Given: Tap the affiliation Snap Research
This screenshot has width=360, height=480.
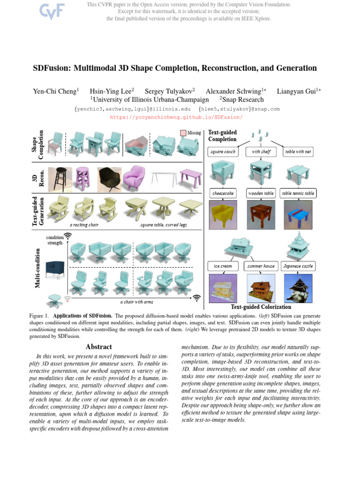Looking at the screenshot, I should click(x=243, y=99).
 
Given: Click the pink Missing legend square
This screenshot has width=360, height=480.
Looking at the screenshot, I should click(x=183, y=133).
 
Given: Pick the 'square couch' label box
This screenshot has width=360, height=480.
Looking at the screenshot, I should click(x=224, y=152).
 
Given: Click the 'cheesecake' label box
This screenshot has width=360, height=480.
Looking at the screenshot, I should click(x=223, y=193).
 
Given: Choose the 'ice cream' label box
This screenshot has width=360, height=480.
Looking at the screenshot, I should click(x=223, y=266).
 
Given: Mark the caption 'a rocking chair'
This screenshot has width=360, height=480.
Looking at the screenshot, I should click(x=84, y=225).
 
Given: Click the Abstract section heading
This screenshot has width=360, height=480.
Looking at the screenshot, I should click(x=99, y=347).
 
